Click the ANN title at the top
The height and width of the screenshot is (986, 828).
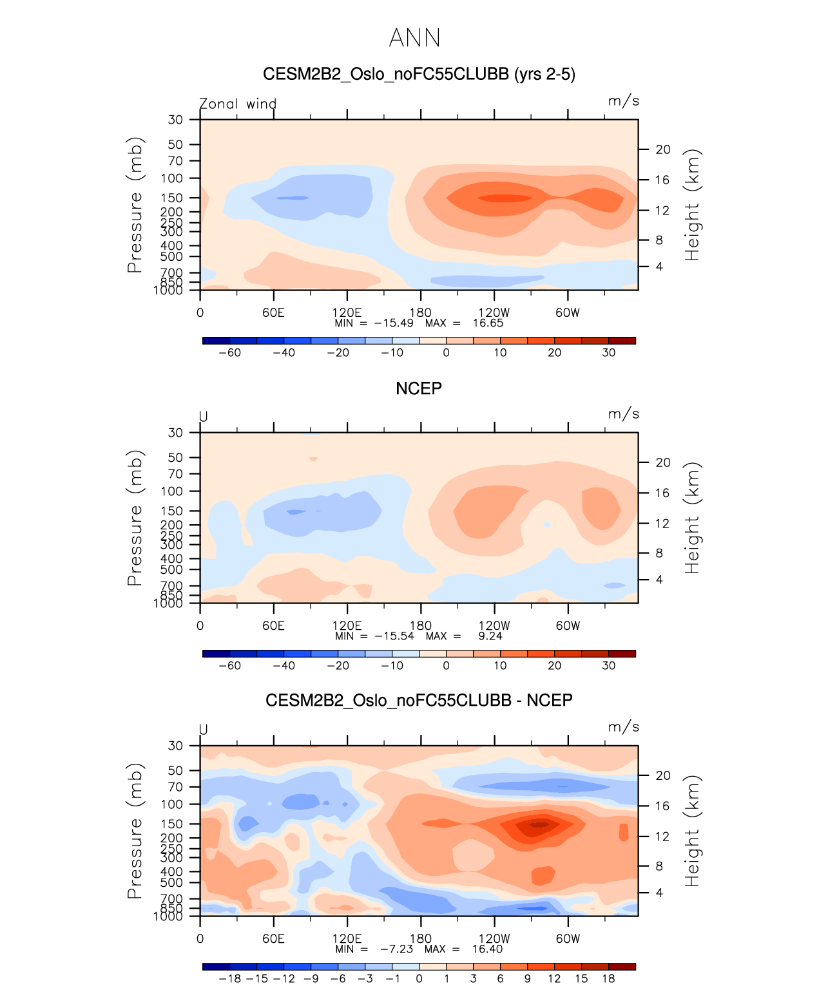pos(414,38)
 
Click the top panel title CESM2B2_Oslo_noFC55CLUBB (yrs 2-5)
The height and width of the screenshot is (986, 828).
pos(419,74)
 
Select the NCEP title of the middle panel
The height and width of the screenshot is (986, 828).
pos(419,388)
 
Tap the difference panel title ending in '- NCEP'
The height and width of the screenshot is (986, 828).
pos(419,700)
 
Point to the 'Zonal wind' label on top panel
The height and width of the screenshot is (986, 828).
pos(238,104)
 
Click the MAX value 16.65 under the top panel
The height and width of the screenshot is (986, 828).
pos(488,323)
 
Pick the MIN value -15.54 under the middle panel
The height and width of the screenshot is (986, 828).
pos(394,636)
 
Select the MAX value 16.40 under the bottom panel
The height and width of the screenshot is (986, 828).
pos(487,949)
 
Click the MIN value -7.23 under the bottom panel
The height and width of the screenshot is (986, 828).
pos(396,949)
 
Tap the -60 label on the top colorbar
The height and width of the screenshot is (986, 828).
pos(229,353)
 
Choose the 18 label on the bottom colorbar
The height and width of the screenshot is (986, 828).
pos(608,979)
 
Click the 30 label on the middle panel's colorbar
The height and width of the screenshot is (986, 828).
pos(608,666)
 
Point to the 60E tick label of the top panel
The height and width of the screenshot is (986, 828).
pos(273,312)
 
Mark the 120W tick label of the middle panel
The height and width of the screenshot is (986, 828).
pos(494,625)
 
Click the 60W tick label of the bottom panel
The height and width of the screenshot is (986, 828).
pos(568,938)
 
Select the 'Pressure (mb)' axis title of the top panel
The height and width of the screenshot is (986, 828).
pos(134,205)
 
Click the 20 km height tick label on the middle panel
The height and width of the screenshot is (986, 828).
pos(663,462)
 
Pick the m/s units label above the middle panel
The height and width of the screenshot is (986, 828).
pos(623,414)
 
